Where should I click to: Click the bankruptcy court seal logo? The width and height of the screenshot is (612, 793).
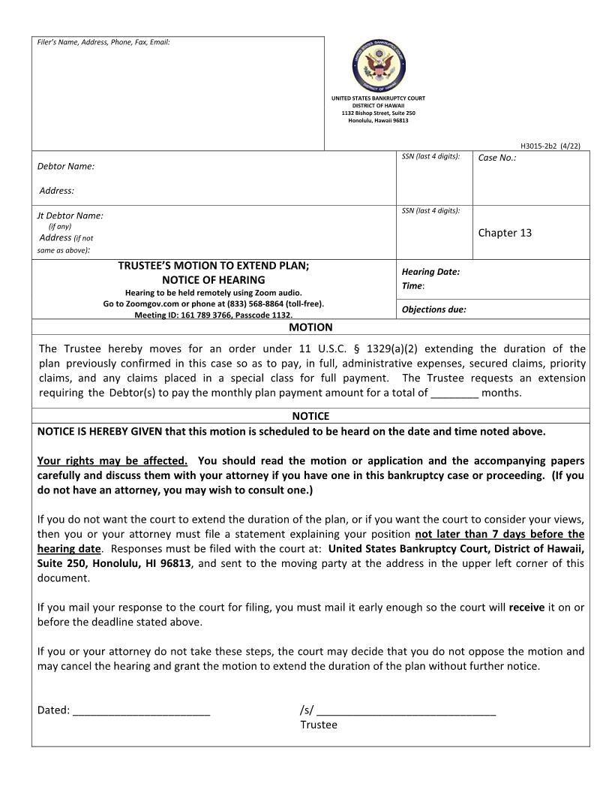coord(379,65)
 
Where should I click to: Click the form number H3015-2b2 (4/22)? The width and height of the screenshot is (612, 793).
coord(550,146)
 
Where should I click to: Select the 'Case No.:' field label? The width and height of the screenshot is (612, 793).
coord(497,158)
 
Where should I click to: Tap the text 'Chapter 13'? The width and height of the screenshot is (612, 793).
coord(505,233)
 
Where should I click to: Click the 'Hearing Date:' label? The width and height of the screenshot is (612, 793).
coord(430,272)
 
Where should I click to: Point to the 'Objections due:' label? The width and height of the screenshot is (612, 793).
coord(433,309)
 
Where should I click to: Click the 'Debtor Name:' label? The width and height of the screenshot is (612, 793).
coord(66,166)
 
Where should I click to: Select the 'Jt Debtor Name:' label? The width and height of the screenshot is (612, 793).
coord(70,216)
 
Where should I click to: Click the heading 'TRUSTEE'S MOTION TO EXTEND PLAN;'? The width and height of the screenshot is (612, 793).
coord(214,266)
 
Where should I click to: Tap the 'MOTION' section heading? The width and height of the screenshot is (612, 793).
coord(310,327)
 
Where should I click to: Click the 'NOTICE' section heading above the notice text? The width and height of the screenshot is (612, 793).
coord(310,416)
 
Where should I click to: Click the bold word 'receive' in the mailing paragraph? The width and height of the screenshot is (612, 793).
coord(526,608)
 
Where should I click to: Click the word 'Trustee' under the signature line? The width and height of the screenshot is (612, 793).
coord(319,725)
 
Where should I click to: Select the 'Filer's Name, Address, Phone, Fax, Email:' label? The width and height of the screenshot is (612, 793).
coord(103,42)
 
